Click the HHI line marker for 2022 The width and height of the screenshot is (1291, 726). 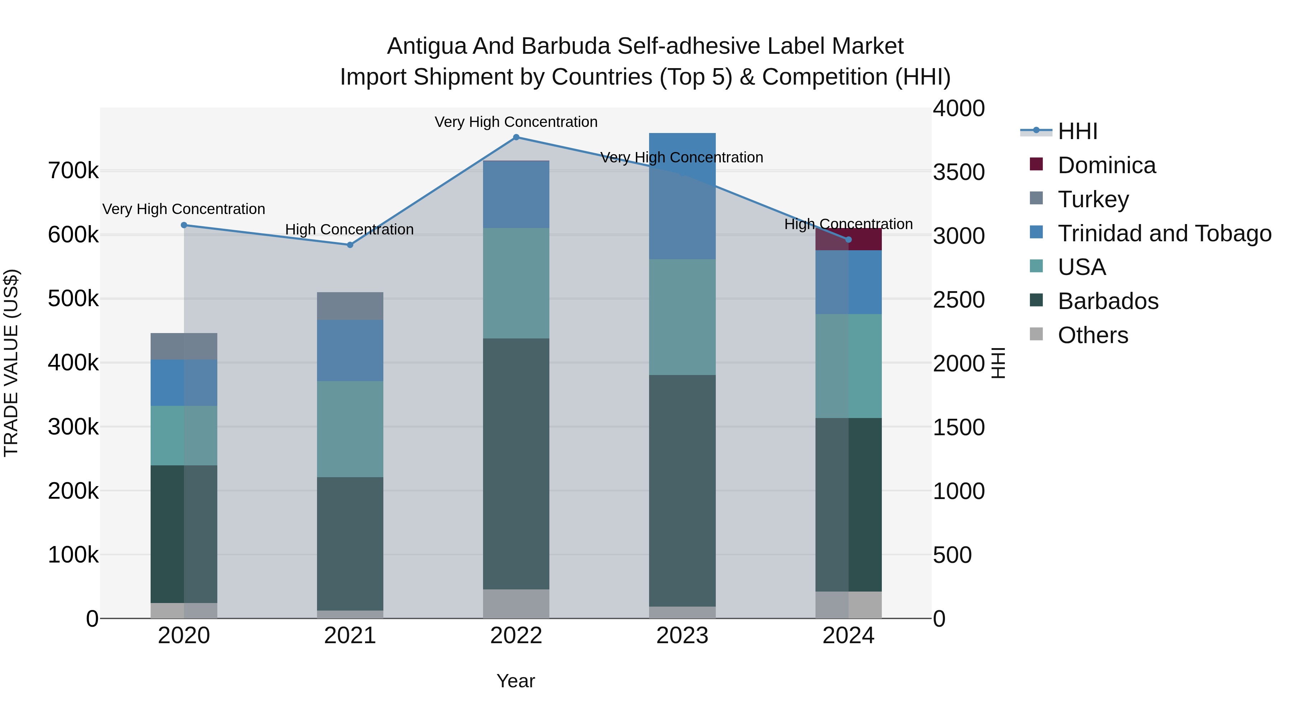click(516, 137)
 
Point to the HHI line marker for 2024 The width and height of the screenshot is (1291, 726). click(848, 240)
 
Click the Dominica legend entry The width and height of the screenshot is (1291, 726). click(1107, 165)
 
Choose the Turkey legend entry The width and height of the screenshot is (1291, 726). click(1093, 199)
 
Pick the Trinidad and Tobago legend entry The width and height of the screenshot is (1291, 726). click(1164, 233)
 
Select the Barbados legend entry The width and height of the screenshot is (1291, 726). click(1108, 301)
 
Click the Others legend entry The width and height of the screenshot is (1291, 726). click(1093, 335)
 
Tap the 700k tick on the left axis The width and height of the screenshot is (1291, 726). click(73, 171)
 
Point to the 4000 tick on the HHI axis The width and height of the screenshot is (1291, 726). click(958, 109)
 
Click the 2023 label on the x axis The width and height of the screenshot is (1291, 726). click(682, 636)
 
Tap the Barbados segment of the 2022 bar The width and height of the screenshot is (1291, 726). click(516, 464)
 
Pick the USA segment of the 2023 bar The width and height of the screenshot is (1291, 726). click(682, 317)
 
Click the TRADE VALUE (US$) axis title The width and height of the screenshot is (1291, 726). click(11, 363)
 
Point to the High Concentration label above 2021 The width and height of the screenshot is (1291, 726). click(349, 229)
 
